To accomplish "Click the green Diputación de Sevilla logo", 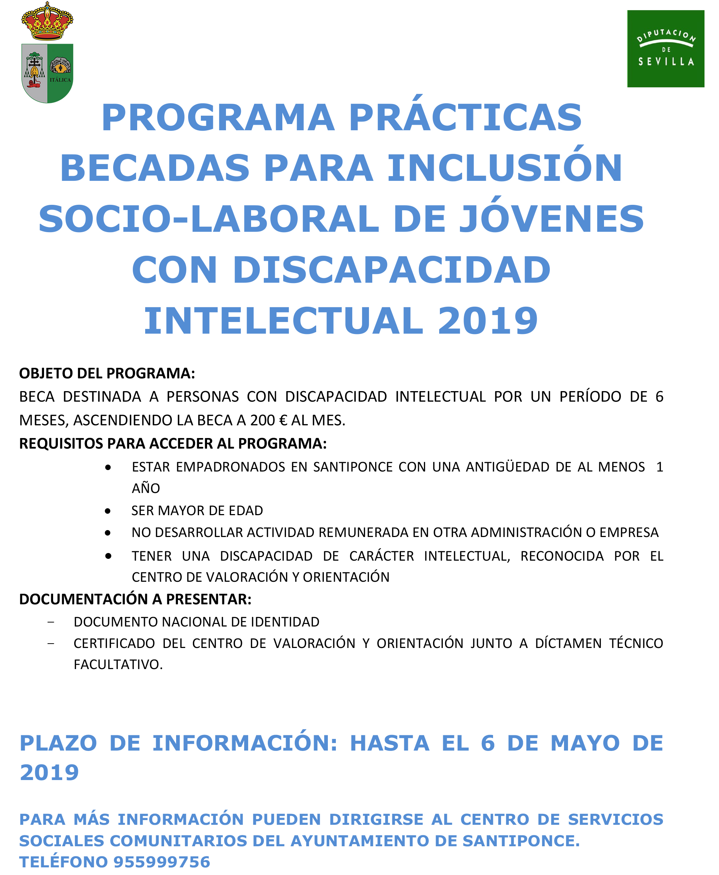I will (665, 48).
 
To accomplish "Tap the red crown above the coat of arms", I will (47, 21).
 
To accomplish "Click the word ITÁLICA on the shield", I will (60, 80).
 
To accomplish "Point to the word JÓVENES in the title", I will (552, 219).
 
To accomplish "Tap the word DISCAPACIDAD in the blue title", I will (392, 270).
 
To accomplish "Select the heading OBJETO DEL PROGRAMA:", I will (107, 373).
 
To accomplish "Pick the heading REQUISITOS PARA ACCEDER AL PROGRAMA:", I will (173, 444).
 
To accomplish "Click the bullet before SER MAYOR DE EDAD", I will (108, 511).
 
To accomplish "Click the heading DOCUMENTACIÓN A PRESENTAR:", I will (135, 599).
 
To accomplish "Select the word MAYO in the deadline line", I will (585, 743).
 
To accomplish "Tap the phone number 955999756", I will (162, 862).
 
